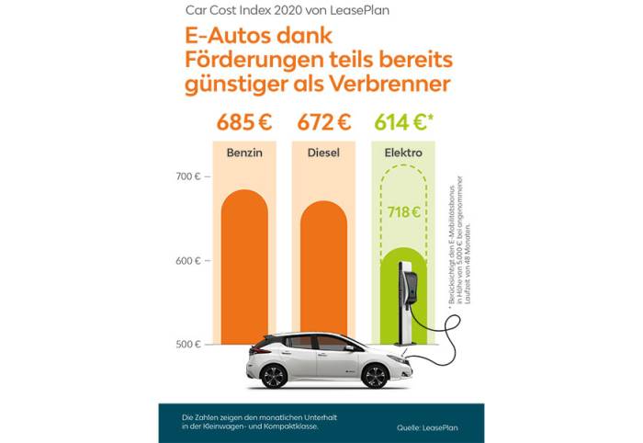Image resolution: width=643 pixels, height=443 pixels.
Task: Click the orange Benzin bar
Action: [x=244, y=257]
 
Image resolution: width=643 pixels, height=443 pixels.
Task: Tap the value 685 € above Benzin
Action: [x=244, y=122]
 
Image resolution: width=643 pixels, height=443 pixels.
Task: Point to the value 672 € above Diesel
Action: [x=324, y=122]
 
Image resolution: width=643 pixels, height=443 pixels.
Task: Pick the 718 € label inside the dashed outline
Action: [x=404, y=212]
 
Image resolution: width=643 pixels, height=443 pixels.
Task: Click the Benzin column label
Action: [x=244, y=153]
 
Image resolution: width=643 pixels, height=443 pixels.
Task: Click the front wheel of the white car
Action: [x=376, y=375]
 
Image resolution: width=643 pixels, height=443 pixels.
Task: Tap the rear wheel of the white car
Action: [x=275, y=375]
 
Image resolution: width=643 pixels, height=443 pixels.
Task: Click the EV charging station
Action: [x=405, y=303]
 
